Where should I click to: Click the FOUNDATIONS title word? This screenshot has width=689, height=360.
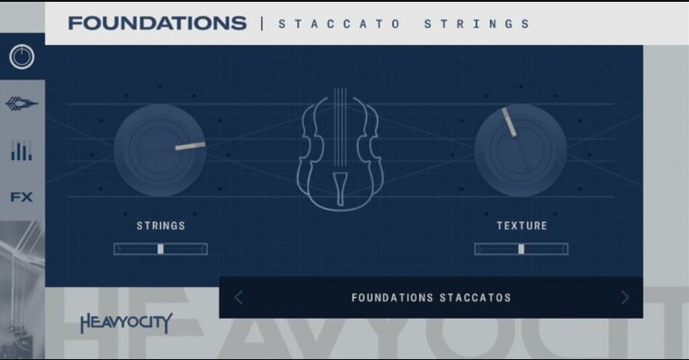coord(157,23)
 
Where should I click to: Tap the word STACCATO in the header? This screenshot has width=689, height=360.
coord(339,23)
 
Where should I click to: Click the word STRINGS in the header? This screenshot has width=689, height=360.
coord(477,23)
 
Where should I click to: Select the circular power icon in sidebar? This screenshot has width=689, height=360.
coord(22,57)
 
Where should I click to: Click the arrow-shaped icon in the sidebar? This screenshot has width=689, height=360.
coord(22,103)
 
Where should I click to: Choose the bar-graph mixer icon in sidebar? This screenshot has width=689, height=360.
coord(22,151)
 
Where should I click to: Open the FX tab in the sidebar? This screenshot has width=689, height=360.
coord(22,197)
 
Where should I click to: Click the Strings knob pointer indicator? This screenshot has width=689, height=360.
coord(191,146)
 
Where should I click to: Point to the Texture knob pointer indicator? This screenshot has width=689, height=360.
coord(509,122)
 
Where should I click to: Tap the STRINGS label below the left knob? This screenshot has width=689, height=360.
coord(161,226)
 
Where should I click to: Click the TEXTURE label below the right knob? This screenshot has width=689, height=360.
coord(522,226)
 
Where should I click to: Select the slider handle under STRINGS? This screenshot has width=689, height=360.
coord(160,249)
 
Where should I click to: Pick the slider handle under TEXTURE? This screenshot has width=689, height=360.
coord(521,249)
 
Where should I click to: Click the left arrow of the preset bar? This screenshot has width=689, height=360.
coord(238,298)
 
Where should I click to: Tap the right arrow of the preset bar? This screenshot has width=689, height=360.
coord(625,298)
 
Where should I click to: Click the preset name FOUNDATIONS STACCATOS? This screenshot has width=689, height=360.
coord(431,298)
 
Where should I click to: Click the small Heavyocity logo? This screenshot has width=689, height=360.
coord(126,323)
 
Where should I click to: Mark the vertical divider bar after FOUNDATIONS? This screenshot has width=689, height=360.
coord(262,23)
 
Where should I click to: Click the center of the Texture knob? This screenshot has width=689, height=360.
coord(520,150)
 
